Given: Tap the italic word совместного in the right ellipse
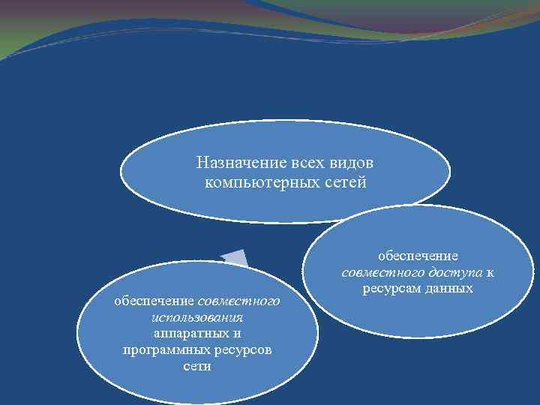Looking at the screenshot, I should [382, 272].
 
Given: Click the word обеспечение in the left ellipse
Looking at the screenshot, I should [154, 301].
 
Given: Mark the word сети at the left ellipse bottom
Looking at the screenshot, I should [196, 367].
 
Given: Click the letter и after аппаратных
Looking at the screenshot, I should [237, 334].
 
